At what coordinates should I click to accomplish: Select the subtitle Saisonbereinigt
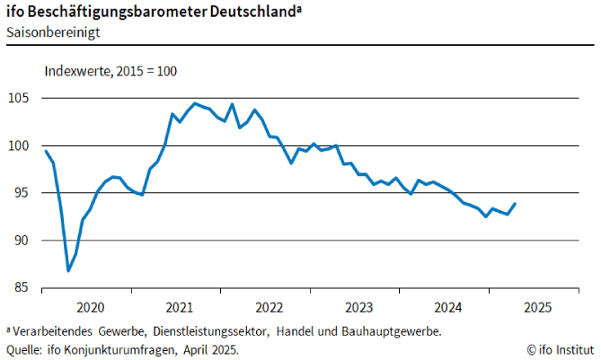(52, 32)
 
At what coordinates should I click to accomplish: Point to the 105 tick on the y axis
(22, 98)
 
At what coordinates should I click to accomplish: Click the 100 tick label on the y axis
(22, 145)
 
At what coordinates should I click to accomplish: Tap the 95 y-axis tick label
(24, 193)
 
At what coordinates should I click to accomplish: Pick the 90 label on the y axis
(24, 241)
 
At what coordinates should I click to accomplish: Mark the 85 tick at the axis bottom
(24, 288)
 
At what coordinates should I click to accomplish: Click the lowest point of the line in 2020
(68, 269)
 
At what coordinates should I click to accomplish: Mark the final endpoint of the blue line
(516, 204)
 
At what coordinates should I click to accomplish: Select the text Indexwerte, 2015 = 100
(110, 72)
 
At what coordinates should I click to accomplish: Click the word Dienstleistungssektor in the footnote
(213, 331)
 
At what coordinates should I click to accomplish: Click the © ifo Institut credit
(561, 348)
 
